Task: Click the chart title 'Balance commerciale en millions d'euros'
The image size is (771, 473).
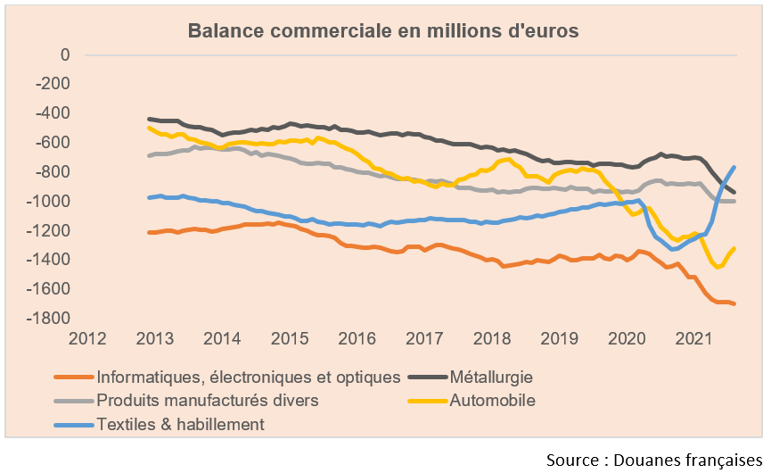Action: coord(383,30)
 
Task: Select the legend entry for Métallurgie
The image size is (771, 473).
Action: coord(496,377)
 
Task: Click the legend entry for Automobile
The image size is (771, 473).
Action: coord(494,400)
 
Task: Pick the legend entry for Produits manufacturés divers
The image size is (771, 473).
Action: coord(207,400)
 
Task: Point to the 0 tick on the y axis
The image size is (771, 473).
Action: coord(64,54)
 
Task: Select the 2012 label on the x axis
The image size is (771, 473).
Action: coord(87,339)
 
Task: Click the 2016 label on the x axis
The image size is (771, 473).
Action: coord(357,339)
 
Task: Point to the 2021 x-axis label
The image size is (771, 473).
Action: coord(693,339)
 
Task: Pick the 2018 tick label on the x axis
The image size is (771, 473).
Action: coord(491,339)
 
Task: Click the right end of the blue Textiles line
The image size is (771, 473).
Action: coord(734,167)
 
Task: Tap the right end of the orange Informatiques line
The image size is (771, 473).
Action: coord(734,304)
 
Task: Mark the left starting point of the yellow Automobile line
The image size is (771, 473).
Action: coord(149,128)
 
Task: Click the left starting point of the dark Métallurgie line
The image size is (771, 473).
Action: coord(149,119)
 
